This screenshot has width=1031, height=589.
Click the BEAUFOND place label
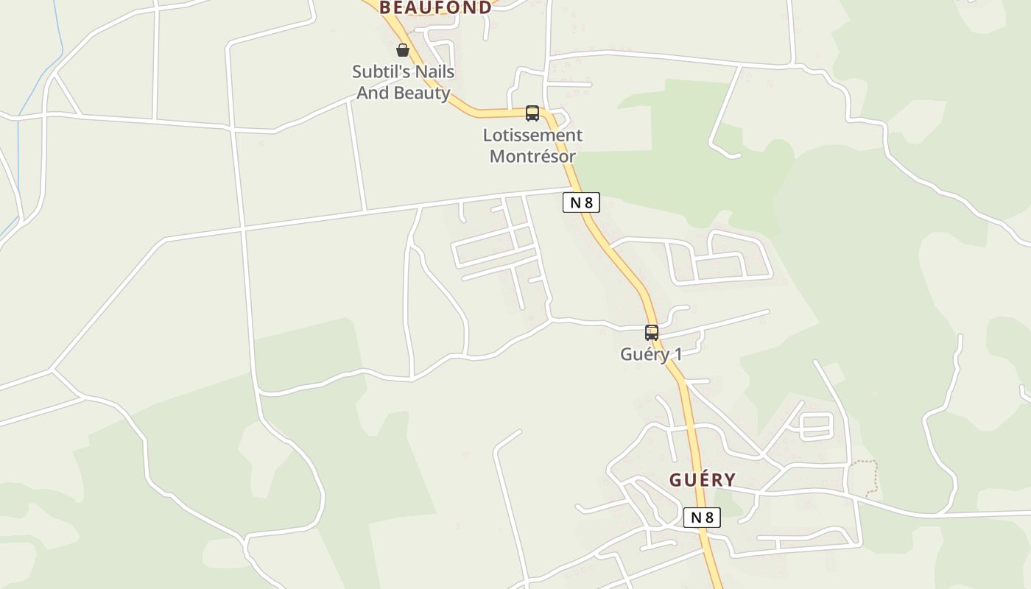pos(434,8)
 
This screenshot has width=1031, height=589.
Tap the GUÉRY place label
pos(702,480)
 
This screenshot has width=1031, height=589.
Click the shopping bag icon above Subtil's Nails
pos(403,50)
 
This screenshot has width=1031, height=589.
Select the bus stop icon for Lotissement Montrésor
pos(532,113)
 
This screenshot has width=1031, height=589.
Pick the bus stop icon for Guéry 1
pos(652,333)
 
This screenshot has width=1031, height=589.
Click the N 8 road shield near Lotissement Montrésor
pos(581,202)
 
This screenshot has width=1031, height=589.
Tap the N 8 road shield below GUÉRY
pos(702,518)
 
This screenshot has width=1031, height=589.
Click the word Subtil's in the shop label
pos(381,72)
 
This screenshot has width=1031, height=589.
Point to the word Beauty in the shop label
pos(422,93)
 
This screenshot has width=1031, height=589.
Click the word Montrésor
pos(532,156)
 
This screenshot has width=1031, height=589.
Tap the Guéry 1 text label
pos(651,354)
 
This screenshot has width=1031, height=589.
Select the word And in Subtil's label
pos(373,93)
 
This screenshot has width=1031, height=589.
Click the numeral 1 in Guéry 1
pos(678,354)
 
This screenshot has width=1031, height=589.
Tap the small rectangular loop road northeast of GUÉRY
pos(815,426)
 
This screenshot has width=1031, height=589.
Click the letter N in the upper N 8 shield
pos(575,202)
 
